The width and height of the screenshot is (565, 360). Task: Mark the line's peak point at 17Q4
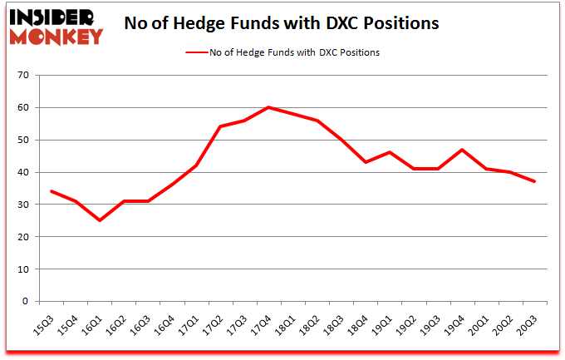point(268,107)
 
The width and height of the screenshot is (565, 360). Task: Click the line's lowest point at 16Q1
point(100,220)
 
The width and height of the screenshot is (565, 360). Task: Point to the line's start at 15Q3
point(52,191)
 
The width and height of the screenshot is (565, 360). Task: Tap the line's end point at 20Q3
point(534,182)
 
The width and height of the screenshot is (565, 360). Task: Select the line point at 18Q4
point(366,162)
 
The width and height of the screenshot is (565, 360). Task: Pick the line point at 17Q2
point(220,126)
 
